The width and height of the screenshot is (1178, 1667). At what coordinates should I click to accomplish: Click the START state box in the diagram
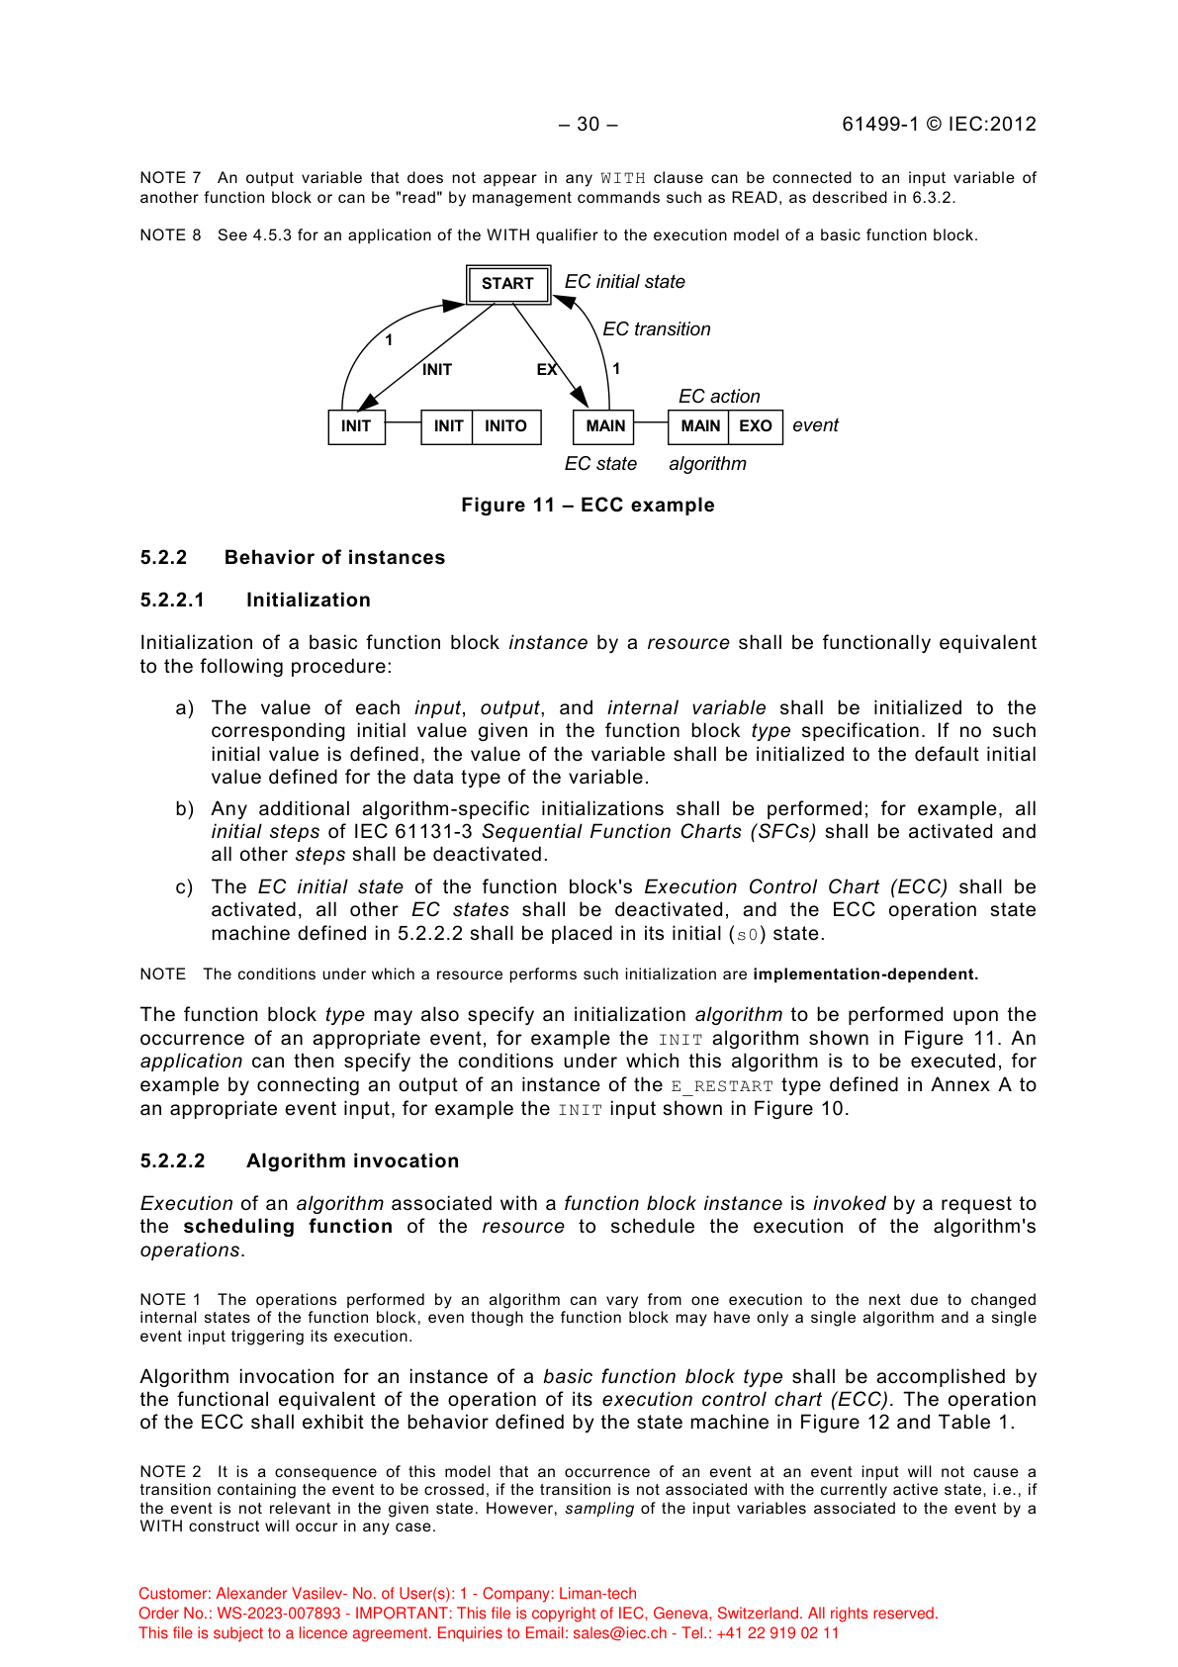click(x=507, y=284)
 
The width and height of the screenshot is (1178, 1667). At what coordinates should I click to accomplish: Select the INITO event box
click(x=505, y=426)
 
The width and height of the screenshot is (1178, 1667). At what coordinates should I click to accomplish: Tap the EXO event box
click(x=756, y=426)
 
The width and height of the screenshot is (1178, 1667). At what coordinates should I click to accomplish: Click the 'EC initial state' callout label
click(x=624, y=282)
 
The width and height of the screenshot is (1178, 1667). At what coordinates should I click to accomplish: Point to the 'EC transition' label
click(x=656, y=329)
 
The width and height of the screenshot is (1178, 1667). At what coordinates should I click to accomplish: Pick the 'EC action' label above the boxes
click(x=719, y=397)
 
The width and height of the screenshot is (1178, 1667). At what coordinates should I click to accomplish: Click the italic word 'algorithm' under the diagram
click(x=707, y=464)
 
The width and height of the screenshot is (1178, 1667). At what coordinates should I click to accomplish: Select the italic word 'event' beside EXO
click(x=815, y=425)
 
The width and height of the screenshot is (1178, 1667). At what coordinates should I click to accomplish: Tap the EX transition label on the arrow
click(x=547, y=369)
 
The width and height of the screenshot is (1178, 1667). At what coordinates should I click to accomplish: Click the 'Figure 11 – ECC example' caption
click(x=588, y=506)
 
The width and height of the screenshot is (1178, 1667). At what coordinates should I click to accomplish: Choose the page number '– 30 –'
click(x=588, y=125)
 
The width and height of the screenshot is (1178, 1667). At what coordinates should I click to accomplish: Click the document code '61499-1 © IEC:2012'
click(x=939, y=125)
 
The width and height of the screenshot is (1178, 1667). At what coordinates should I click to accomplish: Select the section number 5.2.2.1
click(x=172, y=601)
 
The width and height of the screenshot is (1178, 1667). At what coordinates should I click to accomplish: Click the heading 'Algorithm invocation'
click(x=352, y=1161)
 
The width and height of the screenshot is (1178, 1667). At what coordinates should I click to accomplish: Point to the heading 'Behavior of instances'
click(x=334, y=558)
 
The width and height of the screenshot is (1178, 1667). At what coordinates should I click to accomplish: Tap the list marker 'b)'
click(x=185, y=809)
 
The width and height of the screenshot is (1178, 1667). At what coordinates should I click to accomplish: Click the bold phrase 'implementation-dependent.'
click(x=865, y=974)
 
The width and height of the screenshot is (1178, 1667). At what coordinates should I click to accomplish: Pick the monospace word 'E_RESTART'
click(x=722, y=1086)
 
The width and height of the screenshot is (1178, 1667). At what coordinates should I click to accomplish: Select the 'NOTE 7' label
click(x=170, y=178)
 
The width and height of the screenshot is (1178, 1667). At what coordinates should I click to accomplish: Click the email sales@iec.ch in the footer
click(x=619, y=1633)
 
